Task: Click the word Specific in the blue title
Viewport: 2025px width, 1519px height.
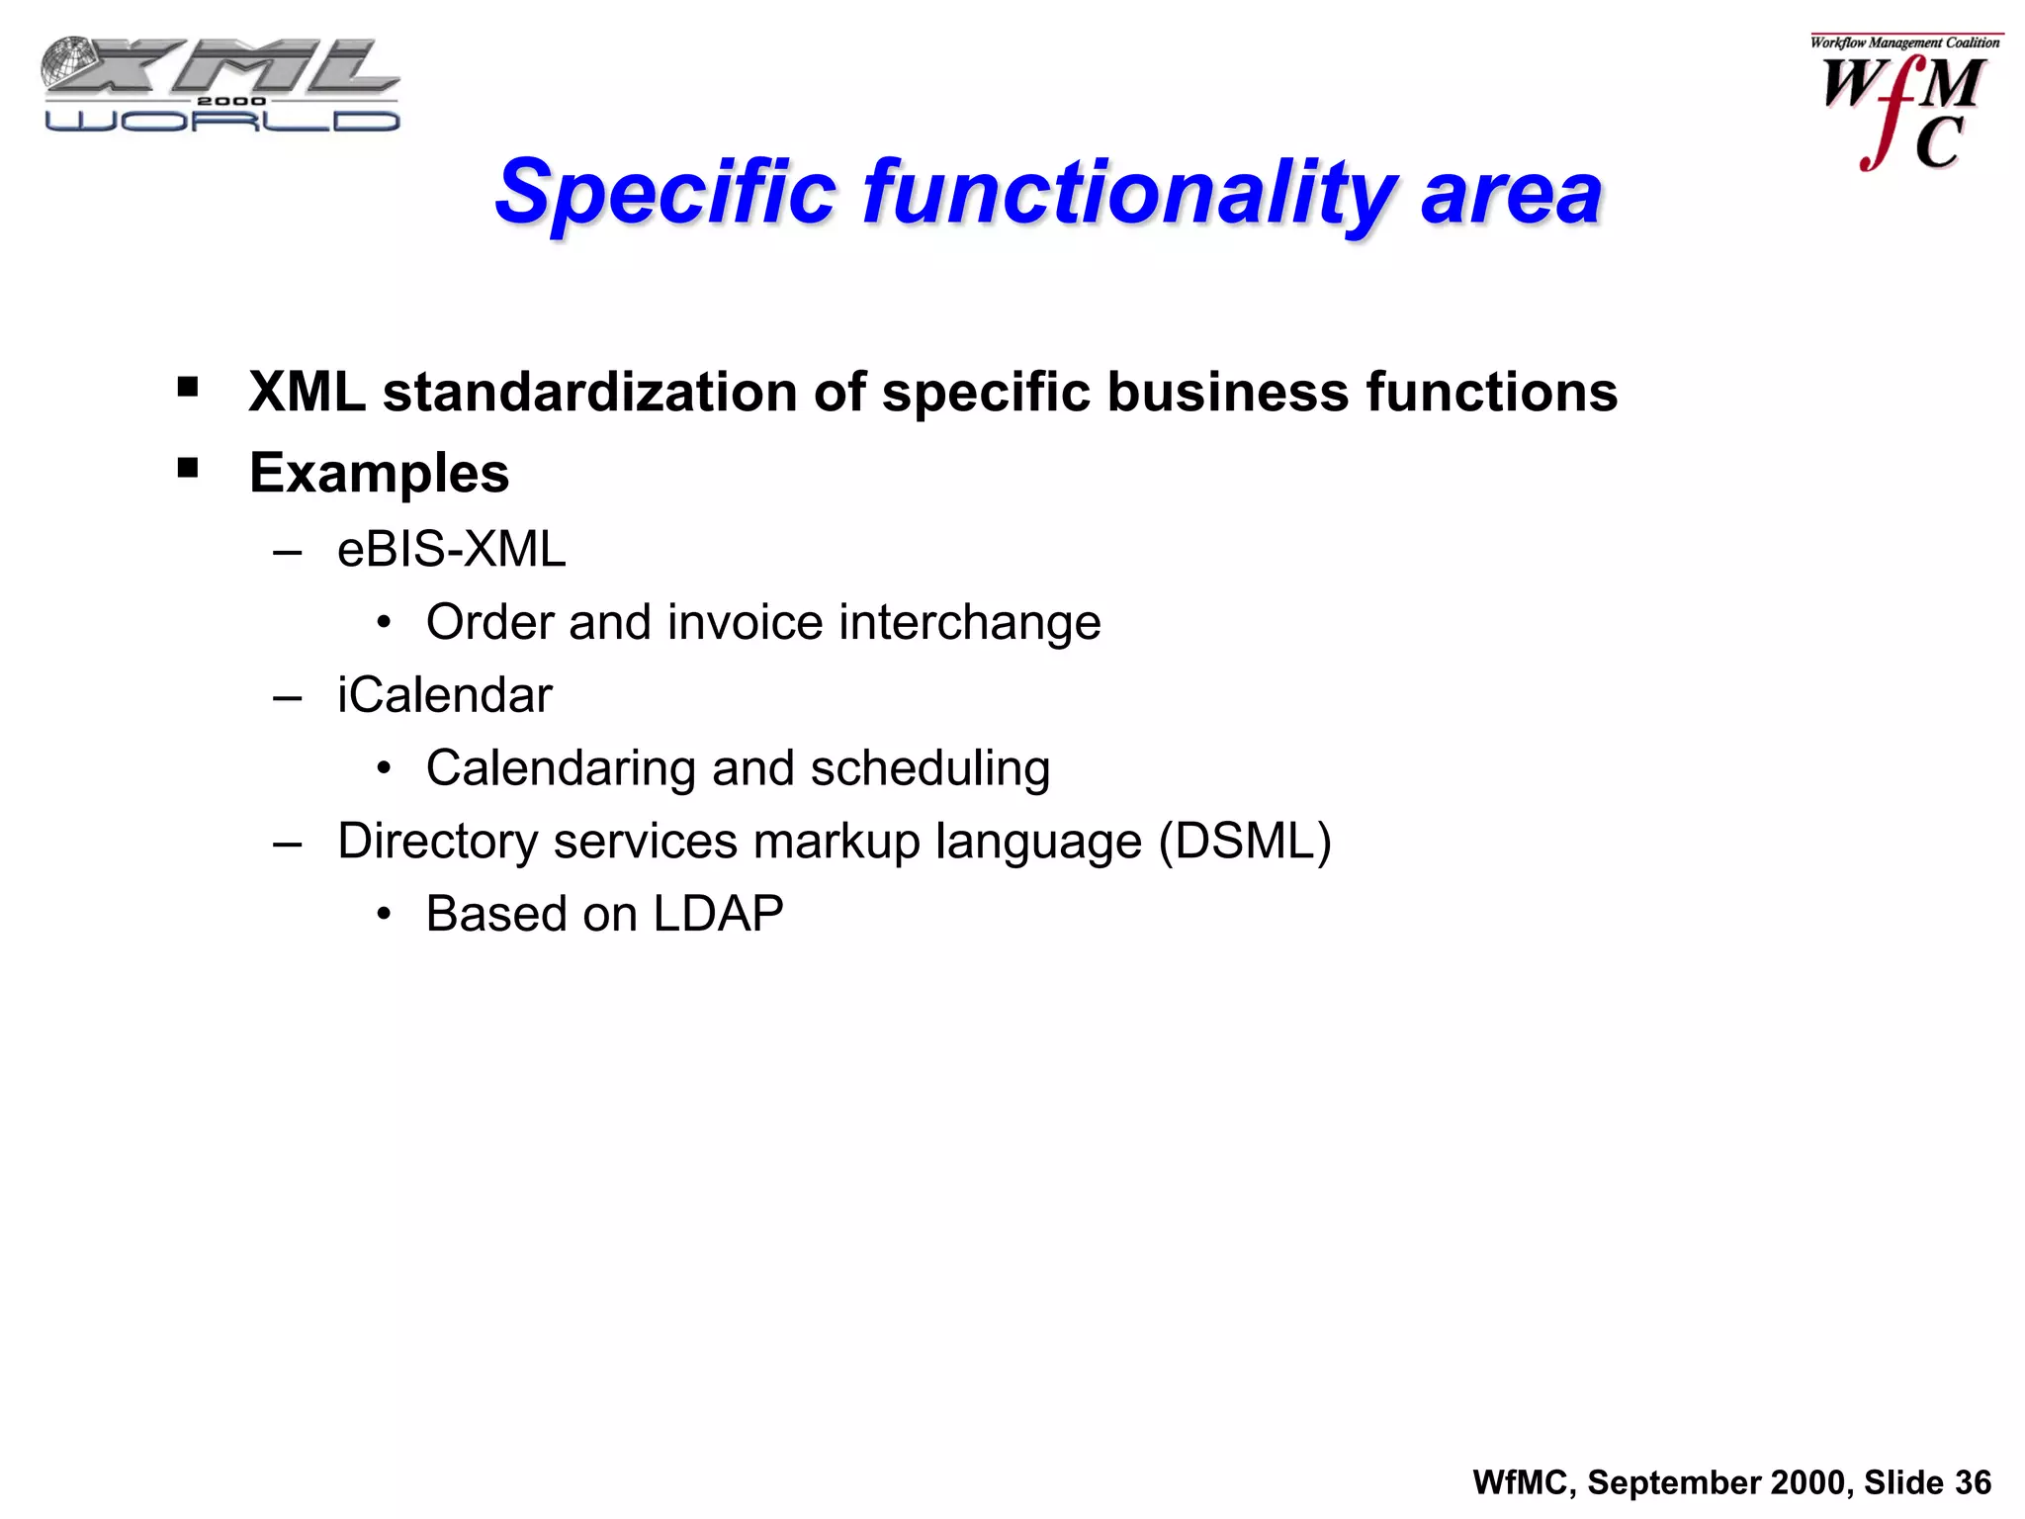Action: [665, 192]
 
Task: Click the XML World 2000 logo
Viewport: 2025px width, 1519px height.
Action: [220, 85]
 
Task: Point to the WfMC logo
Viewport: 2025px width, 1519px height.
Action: [1903, 104]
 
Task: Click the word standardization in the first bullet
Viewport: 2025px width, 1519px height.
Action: [589, 392]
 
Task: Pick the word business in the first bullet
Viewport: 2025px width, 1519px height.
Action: [1227, 392]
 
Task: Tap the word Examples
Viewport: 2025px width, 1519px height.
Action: [379, 473]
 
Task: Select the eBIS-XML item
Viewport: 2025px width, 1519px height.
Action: [451, 549]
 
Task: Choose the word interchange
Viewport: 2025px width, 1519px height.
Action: [969, 622]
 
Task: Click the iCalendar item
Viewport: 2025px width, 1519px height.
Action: [444, 694]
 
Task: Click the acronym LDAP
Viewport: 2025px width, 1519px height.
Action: [718, 913]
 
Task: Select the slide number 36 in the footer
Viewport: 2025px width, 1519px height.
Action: [1973, 1482]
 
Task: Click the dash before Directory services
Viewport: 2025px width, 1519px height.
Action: [287, 844]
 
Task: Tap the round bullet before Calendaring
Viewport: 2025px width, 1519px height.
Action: [384, 768]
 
